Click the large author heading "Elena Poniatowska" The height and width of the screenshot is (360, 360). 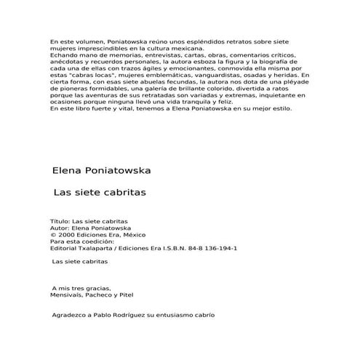click(101, 172)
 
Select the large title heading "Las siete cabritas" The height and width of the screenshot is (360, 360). click(100, 195)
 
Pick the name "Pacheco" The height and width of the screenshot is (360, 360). click(107, 295)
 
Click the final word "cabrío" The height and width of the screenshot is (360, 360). click(204, 315)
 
